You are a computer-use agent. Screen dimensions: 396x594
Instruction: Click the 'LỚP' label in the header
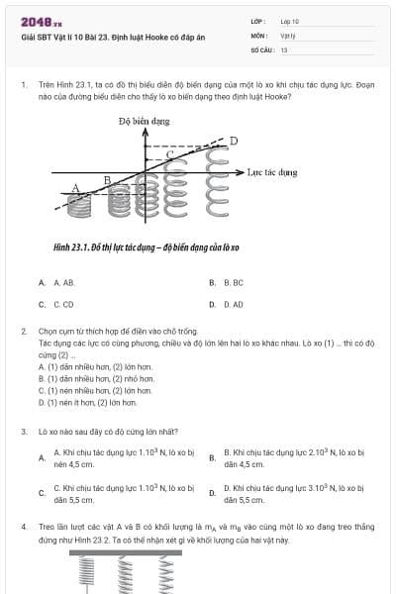[258, 21]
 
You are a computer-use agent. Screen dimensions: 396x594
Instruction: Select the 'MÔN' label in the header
[258, 35]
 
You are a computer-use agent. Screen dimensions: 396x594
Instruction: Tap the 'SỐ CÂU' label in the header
[261, 49]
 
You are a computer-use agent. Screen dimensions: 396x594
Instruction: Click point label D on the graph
[234, 141]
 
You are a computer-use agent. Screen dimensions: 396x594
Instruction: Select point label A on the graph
[75, 187]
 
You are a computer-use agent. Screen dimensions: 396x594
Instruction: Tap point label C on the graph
[169, 155]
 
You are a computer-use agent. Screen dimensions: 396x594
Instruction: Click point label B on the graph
[107, 179]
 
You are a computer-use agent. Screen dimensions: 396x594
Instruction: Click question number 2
[23, 332]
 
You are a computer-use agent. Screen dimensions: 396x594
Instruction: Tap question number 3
[23, 432]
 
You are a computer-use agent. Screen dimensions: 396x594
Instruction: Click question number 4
[23, 528]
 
